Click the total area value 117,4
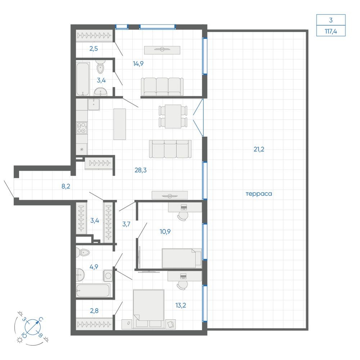click(x=331, y=31)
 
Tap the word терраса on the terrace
click(x=259, y=194)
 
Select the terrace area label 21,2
click(x=259, y=149)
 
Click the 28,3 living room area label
click(x=140, y=170)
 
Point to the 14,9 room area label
click(x=138, y=64)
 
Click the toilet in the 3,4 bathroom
click(x=100, y=66)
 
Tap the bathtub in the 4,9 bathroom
click(x=93, y=291)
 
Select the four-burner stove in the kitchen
click(x=82, y=128)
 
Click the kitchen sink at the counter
click(x=94, y=104)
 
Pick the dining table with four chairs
click(x=173, y=116)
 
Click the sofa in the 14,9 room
click(x=162, y=86)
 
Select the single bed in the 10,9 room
click(x=181, y=258)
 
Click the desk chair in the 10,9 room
click(x=183, y=216)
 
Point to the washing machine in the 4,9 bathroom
click(x=108, y=275)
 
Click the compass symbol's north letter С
click(x=41, y=319)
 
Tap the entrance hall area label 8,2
click(x=66, y=186)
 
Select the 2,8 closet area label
click(x=94, y=311)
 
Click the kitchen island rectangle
click(x=120, y=124)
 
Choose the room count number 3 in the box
click(x=331, y=20)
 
